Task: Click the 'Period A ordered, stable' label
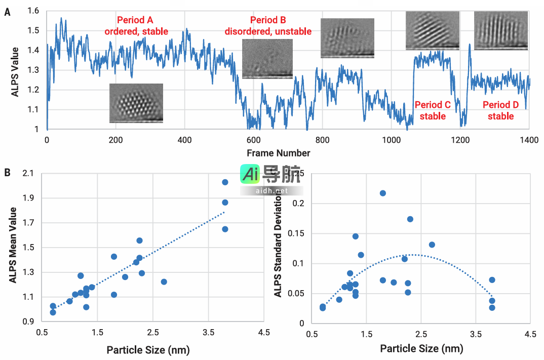136,26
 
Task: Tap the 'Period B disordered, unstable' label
268,26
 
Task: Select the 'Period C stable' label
433,110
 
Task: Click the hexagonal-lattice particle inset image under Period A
136,103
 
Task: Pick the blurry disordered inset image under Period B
267,59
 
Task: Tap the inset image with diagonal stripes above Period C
432,30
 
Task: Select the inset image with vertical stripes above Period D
500,30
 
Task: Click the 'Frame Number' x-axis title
279,152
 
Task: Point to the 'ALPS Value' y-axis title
15,72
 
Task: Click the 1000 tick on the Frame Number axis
391,139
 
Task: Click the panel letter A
7,12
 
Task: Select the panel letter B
7,172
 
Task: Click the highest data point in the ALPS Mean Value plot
225,182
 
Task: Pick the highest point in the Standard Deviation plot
383,193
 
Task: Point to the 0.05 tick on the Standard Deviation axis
297,293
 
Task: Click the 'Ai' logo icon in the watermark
250,175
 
